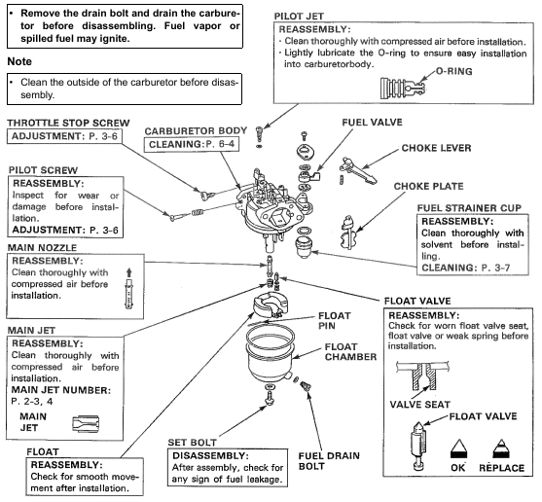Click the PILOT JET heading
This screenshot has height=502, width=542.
tap(299, 17)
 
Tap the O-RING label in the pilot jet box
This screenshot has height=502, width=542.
tap(454, 71)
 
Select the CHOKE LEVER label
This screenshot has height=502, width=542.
tap(436, 148)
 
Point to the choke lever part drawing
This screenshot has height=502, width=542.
tap(357, 170)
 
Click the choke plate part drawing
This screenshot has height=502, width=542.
tap(348, 233)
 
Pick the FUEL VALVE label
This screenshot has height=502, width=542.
tap(373, 123)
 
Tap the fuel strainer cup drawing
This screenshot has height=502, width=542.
tap(304, 247)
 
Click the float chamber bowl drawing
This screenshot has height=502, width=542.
tap(271, 353)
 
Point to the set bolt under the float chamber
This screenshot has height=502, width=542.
tap(269, 395)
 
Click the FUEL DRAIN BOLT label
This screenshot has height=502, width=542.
tap(329, 461)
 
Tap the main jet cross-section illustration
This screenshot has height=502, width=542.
tap(86, 423)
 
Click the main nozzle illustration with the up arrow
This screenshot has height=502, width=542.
tap(129, 288)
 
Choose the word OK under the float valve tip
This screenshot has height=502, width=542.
tap(458, 468)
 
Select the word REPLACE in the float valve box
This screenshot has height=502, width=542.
tap(501, 468)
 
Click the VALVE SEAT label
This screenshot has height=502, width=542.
tap(420, 405)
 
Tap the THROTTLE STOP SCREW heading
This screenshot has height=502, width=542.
tap(68, 123)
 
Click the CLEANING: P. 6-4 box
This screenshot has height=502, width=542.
tap(191, 144)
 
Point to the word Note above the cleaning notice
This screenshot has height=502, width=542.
tap(19, 61)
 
